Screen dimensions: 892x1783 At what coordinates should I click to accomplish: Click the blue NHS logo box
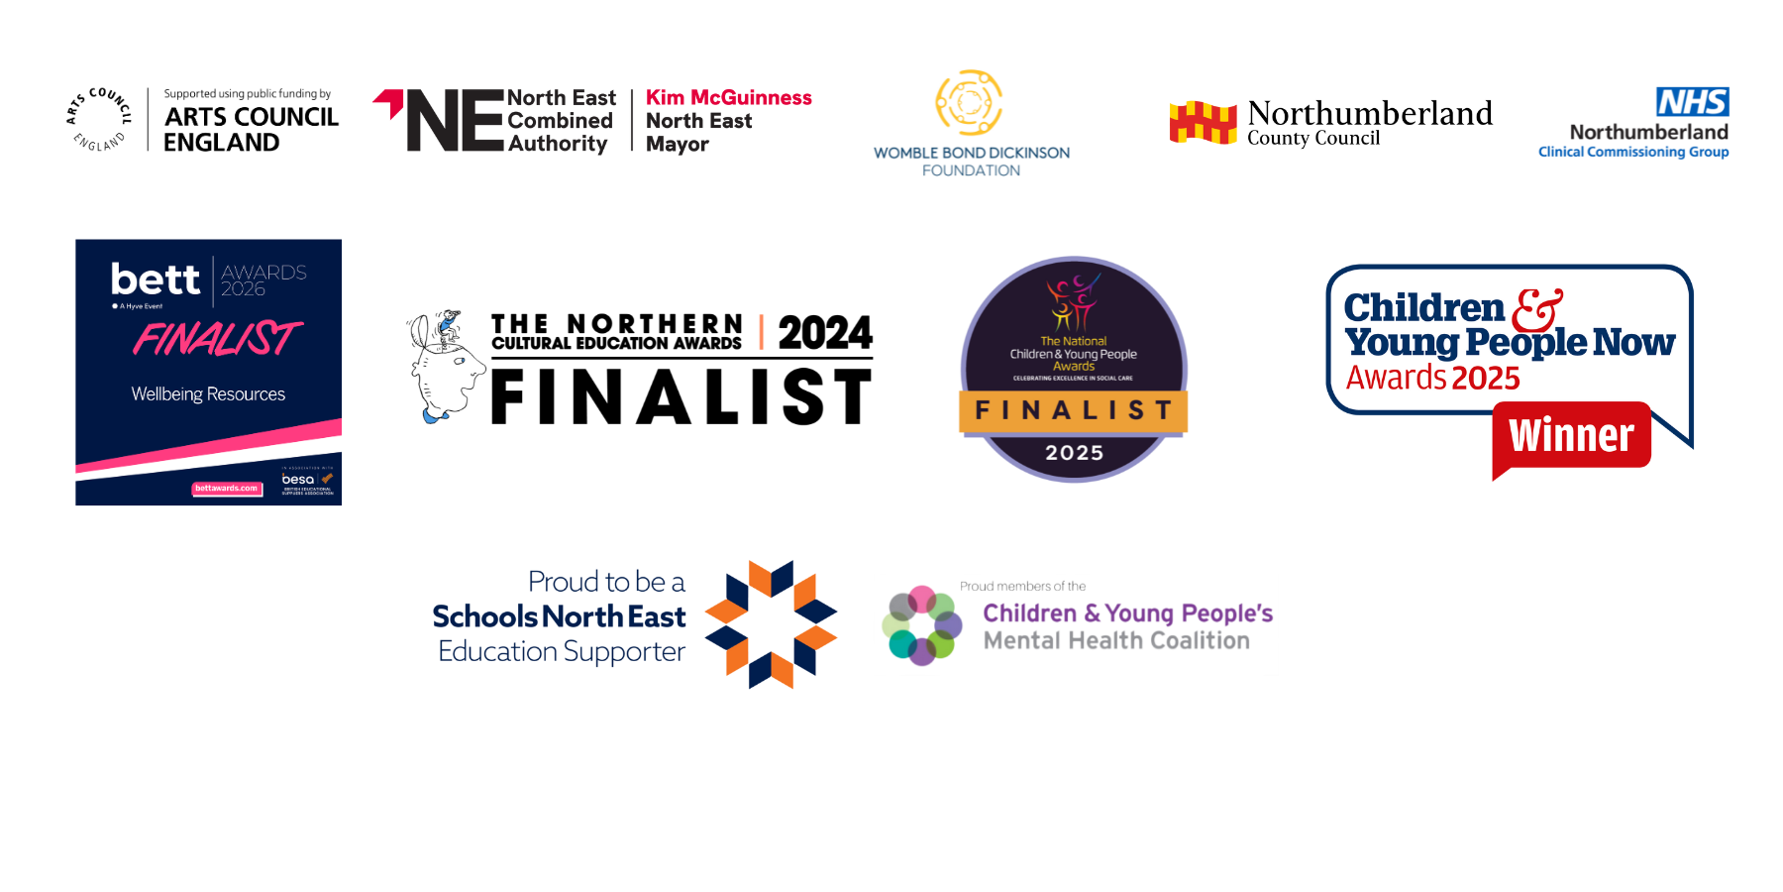click(1692, 101)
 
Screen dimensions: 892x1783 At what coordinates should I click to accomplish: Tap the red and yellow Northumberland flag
click(1203, 123)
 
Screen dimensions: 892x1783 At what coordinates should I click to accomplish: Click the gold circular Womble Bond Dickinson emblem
click(969, 102)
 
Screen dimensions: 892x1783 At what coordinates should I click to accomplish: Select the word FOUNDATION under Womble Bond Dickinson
click(971, 170)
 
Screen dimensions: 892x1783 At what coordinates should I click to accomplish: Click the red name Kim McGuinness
click(728, 97)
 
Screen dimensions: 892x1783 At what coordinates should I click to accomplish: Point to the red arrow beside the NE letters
click(389, 101)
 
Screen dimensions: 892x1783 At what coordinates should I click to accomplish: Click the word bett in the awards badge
click(156, 279)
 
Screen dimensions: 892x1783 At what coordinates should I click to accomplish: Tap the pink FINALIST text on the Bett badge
click(217, 339)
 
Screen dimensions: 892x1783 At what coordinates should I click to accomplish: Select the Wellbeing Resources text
click(208, 394)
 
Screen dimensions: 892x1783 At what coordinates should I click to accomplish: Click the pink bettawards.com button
click(227, 488)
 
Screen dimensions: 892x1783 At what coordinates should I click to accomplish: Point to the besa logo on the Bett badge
click(299, 480)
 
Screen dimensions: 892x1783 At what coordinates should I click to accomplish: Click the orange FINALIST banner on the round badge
click(1074, 410)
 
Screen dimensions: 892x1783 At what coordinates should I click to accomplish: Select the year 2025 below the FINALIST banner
click(1074, 453)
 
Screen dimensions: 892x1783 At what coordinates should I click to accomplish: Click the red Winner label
click(1571, 436)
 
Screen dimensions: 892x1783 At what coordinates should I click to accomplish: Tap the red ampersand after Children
click(1536, 309)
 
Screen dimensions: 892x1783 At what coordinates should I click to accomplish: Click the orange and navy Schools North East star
click(772, 623)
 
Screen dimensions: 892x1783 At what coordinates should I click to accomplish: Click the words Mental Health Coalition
click(1116, 641)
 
